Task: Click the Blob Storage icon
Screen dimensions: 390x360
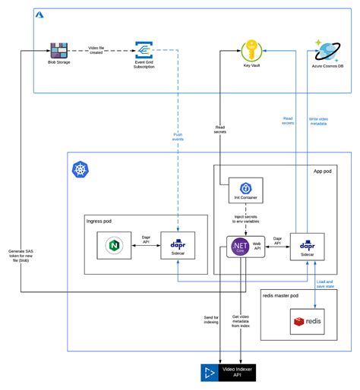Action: coord(58,51)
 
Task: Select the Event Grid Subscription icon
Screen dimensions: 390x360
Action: coord(144,51)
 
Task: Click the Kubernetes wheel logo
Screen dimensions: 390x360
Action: coord(80,169)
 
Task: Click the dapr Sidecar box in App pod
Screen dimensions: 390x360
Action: coord(306,246)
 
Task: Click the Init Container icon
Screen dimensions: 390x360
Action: coord(245,190)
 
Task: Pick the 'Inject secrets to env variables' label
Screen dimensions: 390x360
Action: coord(247,221)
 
